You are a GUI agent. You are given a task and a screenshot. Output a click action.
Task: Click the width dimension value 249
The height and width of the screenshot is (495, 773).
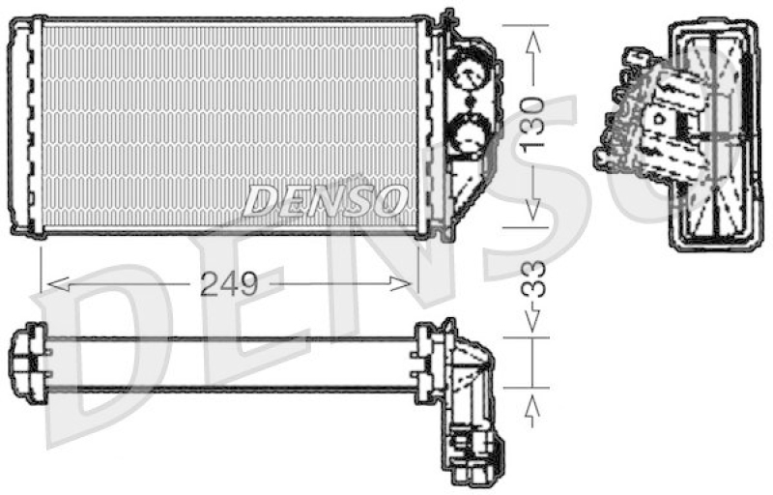point(229,283)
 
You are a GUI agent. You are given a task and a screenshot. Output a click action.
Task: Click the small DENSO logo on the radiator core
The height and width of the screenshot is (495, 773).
point(324,200)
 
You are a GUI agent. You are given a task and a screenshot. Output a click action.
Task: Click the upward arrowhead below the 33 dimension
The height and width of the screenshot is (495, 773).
point(531,411)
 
